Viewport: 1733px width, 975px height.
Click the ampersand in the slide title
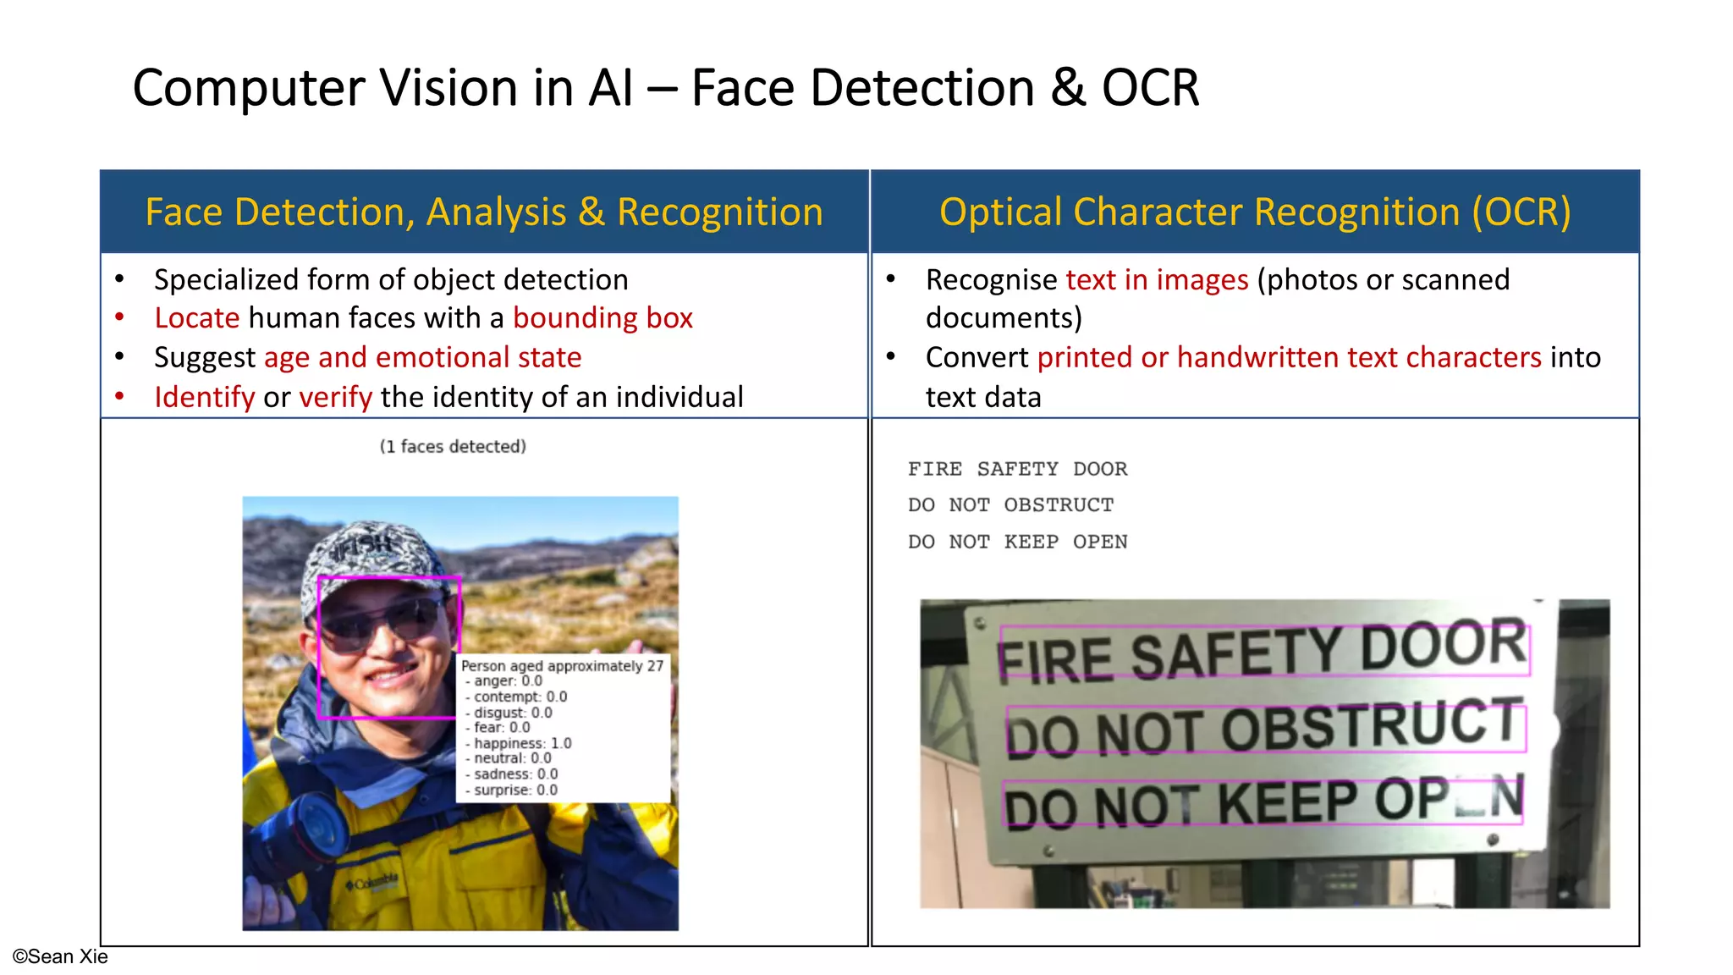coord(1068,88)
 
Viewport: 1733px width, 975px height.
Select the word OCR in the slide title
coord(1150,88)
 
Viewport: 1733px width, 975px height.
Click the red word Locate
coord(197,318)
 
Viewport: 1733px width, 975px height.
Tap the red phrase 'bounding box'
coord(602,318)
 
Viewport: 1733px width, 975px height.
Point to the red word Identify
coord(204,397)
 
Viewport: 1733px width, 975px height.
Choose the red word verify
coord(335,397)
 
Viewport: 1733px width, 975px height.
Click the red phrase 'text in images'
coord(1157,280)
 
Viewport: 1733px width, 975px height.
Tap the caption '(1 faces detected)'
coord(453,446)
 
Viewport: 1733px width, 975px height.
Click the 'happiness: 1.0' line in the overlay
coord(522,743)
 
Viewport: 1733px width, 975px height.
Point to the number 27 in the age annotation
coord(655,666)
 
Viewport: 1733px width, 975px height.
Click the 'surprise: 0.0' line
coord(515,790)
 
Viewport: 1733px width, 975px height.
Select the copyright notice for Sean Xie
coord(60,956)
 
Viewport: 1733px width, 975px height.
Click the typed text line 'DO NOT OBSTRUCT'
coord(1010,505)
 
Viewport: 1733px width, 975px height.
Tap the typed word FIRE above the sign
coord(935,469)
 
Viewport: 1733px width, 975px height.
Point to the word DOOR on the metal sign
coord(1444,646)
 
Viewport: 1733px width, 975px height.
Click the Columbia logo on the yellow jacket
coord(372,883)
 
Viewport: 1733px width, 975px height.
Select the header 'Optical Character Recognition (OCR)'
coord(1255,212)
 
